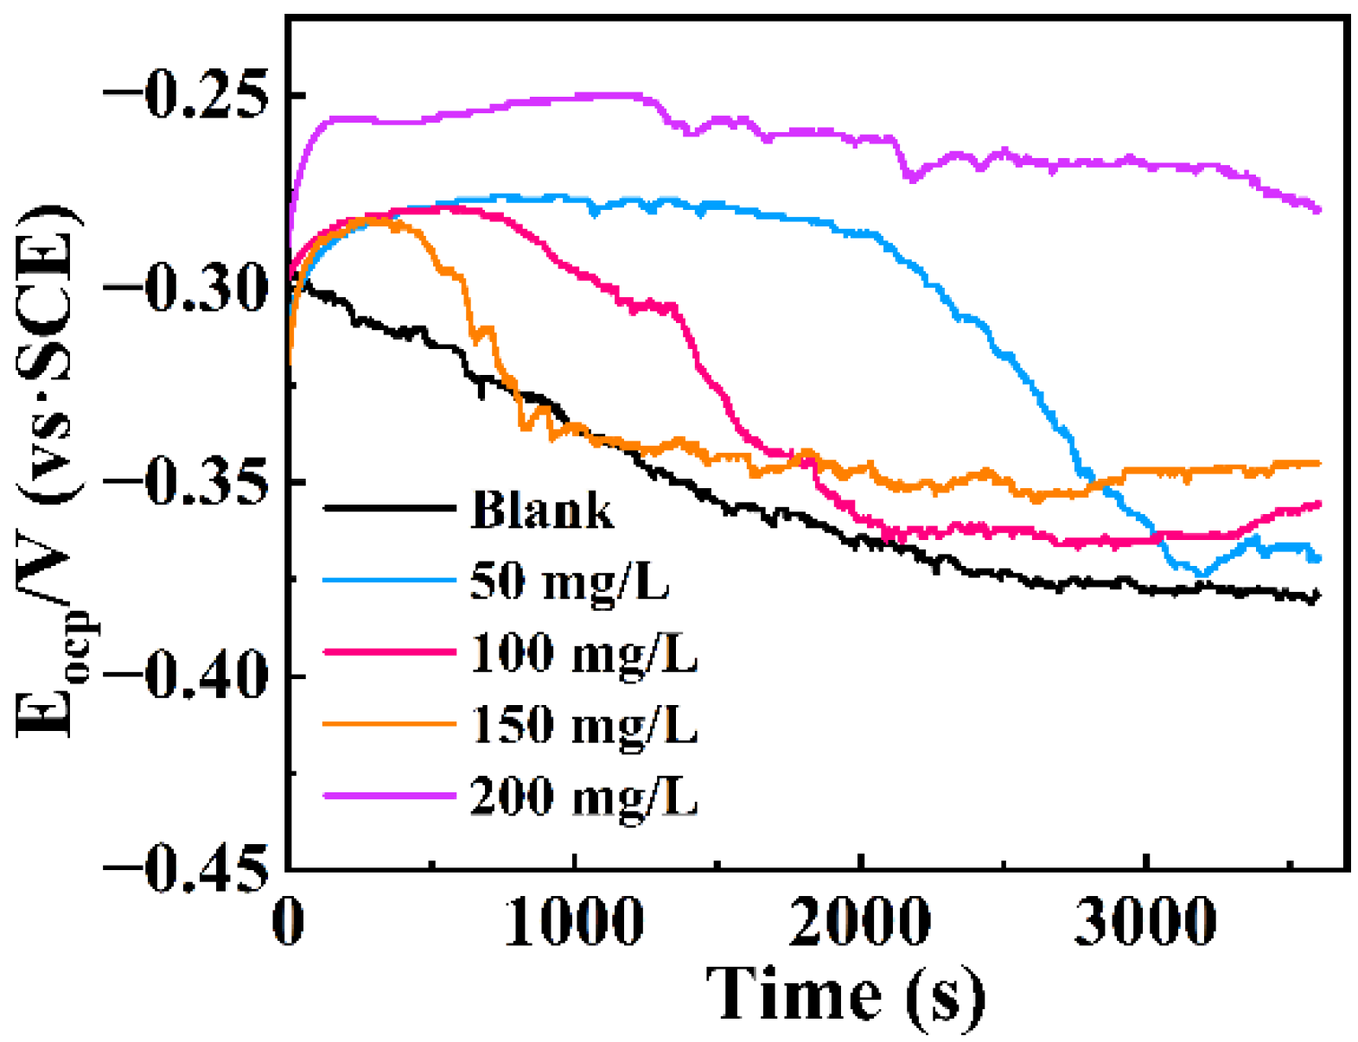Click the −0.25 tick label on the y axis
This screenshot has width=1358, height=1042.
point(183,94)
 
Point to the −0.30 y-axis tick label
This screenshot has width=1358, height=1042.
point(183,288)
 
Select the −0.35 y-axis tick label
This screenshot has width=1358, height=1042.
point(183,481)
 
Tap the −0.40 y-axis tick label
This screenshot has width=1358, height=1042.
point(183,675)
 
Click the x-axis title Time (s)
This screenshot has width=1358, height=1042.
point(845,996)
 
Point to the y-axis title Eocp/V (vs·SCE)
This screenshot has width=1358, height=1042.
point(50,471)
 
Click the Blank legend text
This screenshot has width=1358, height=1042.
point(542,510)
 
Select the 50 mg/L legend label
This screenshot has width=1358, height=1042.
point(570,581)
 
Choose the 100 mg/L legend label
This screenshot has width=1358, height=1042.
point(583,653)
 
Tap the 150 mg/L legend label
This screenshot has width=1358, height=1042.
point(583,724)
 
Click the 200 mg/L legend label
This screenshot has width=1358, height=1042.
point(583,796)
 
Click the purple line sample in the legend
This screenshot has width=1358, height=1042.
point(389,795)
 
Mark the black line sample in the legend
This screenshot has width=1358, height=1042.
point(389,508)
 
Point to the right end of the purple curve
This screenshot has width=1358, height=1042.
point(1318,209)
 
